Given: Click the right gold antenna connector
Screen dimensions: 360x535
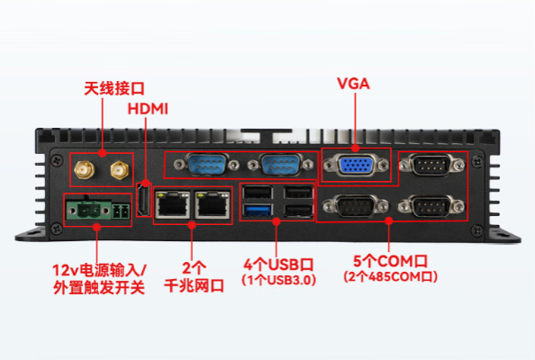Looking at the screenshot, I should pos(117,169).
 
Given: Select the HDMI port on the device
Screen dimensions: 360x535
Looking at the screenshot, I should pos(142,201).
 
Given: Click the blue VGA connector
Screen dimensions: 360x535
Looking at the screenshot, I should pos(356,168).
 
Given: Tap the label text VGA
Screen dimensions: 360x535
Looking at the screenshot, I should pos(354,85).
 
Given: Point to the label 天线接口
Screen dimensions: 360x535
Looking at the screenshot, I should pos(113,88).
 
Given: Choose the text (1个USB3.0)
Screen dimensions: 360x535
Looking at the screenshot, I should pos(278,281).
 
